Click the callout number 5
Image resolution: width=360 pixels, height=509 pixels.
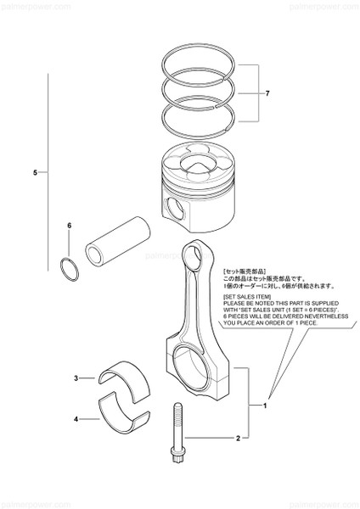(x=35, y=172)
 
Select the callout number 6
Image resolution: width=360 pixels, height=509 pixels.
(x=70, y=226)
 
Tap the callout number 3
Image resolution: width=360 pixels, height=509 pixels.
(x=76, y=378)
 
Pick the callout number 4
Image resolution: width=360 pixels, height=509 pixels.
(x=76, y=419)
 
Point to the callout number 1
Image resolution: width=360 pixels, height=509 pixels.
(x=264, y=406)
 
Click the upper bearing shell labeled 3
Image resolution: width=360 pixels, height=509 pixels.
(x=125, y=383)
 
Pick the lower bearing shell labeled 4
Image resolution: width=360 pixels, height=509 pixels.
(x=125, y=415)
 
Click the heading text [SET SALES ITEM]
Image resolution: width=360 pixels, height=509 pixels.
(x=246, y=298)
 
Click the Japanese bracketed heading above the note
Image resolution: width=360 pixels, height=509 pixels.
(x=247, y=269)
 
